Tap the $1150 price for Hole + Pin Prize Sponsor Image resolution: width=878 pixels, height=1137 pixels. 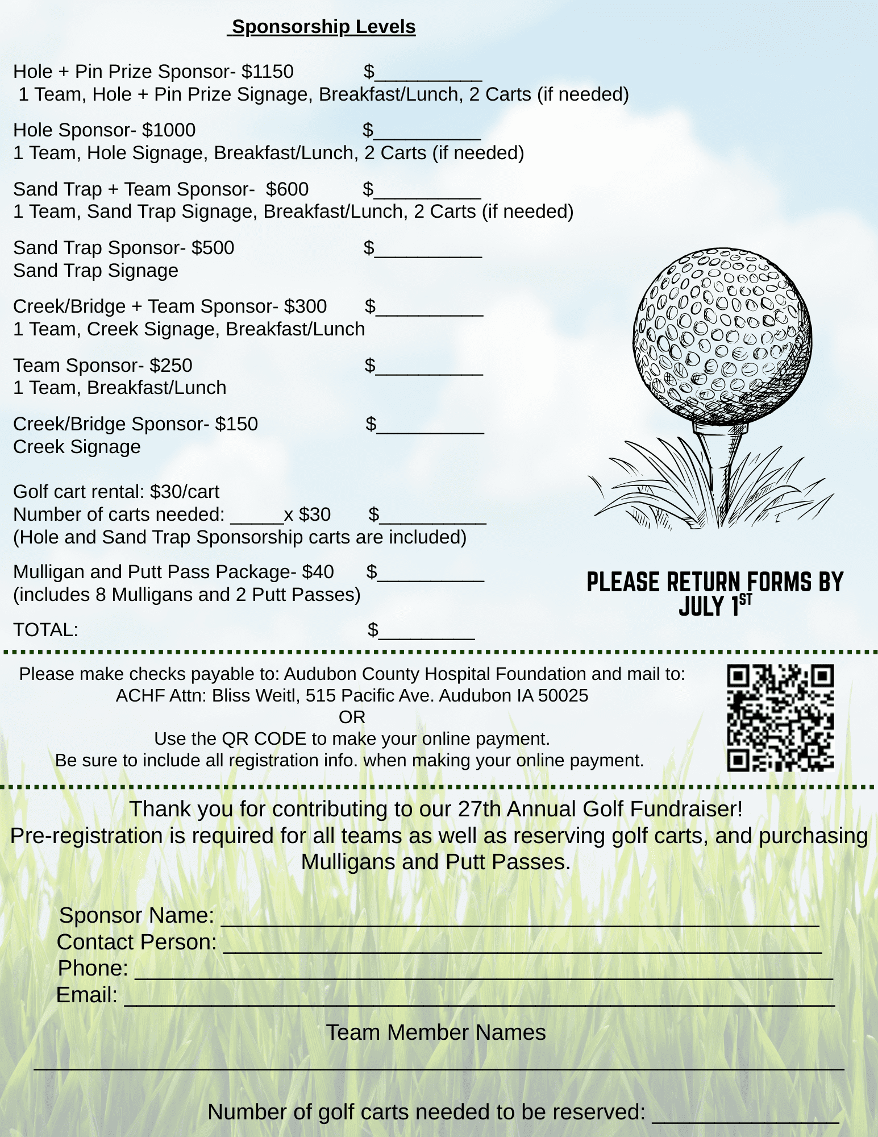pyautogui.click(x=267, y=72)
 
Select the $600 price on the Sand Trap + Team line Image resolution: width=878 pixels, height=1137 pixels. pyautogui.click(x=287, y=189)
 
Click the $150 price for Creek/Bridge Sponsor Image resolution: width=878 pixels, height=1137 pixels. pyautogui.click(x=236, y=424)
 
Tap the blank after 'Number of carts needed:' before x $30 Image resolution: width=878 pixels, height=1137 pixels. pyautogui.click(x=257, y=516)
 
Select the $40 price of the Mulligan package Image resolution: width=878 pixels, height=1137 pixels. pyautogui.click(x=318, y=572)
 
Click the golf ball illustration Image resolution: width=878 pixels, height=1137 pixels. pyautogui.click(x=722, y=335)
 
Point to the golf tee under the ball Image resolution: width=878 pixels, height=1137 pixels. pyautogui.click(x=720, y=460)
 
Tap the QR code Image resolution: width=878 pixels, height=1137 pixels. pyautogui.click(x=780, y=717)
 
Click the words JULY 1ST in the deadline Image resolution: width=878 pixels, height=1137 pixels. pyautogui.click(x=715, y=606)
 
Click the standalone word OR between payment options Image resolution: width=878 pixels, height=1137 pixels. pyautogui.click(x=352, y=717)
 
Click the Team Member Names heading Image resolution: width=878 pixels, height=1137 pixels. pyautogui.click(x=435, y=1032)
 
